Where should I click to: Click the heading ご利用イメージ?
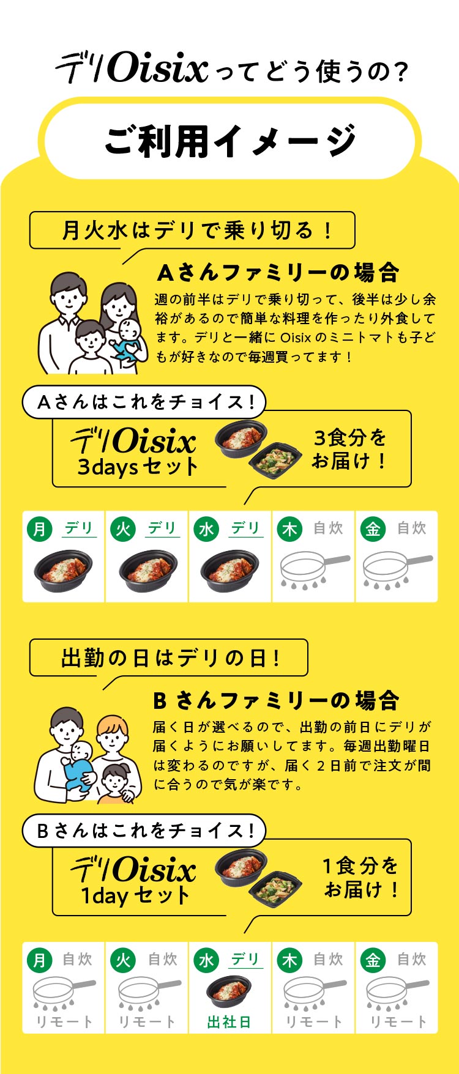coord(229,140)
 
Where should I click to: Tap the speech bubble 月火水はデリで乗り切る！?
coord(192,231)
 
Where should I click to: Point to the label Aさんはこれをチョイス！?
coord(145,402)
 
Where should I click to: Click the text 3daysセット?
coord(137,468)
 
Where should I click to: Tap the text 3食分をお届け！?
coord(350,449)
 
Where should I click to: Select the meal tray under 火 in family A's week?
coord(147,568)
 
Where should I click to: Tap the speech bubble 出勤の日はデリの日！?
coord(170,658)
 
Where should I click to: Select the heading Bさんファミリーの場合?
coord(276,700)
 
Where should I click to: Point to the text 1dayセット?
coord(136,896)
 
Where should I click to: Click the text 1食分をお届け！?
coord(361,877)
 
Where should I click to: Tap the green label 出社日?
coord(229,1021)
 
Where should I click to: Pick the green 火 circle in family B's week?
coord(123,959)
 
